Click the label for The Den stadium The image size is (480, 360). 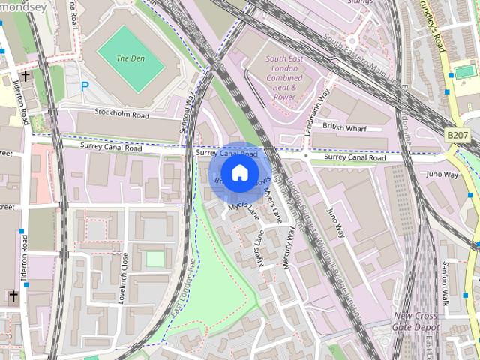click(130, 58)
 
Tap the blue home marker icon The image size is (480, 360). click(238, 173)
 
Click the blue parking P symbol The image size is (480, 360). click(85, 87)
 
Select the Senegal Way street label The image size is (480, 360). click(188, 112)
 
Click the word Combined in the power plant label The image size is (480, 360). click(284, 77)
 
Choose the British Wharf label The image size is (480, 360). click(344, 127)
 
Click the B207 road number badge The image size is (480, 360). click(457, 134)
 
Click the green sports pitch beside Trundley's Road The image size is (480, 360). click(464, 71)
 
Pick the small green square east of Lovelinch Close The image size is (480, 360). click(154, 259)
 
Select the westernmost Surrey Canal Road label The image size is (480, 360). click(113, 148)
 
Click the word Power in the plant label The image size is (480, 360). click(284, 97)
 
